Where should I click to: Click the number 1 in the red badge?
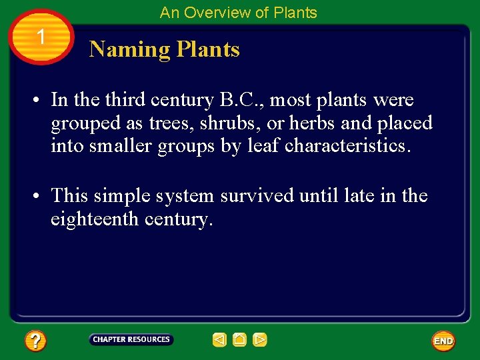point(41,37)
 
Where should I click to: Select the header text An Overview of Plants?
point(238,12)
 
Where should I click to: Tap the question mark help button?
point(35,341)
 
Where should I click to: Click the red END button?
point(443,341)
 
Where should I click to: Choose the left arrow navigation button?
point(219,340)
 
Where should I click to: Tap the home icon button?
point(239,340)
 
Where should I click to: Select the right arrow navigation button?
point(260,340)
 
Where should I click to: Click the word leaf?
point(265,146)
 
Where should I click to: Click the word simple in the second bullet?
point(122,196)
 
